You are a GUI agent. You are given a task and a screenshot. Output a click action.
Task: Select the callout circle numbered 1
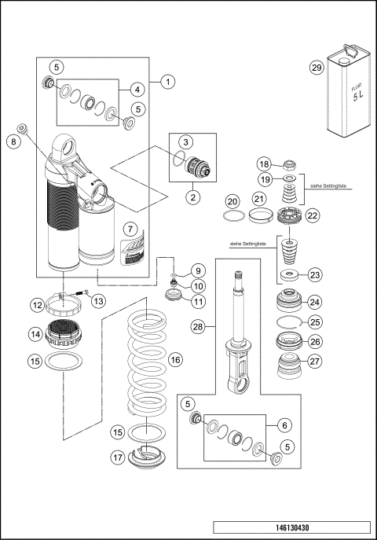click(167, 81)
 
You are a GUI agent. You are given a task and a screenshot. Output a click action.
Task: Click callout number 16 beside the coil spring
click(175, 359)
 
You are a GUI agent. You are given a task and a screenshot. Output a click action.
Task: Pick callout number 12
click(37, 304)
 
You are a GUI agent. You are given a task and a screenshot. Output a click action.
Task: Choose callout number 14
click(35, 334)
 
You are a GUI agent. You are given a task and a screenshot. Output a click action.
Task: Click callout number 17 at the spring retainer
click(116, 457)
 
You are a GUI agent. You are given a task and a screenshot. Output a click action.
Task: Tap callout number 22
click(313, 215)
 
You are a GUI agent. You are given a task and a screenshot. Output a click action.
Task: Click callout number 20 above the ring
click(232, 200)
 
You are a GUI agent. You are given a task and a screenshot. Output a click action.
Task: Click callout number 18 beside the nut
click(265, 164)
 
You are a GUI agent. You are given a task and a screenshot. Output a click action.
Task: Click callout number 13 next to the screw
click(99, 299)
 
